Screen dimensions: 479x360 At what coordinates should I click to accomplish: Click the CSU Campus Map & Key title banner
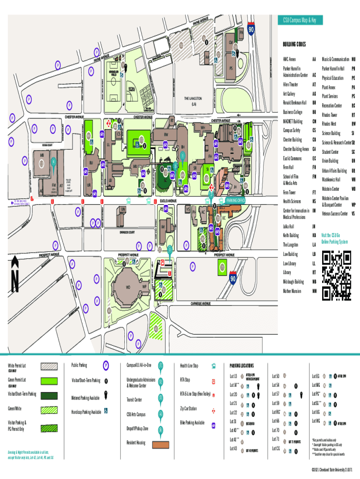299,20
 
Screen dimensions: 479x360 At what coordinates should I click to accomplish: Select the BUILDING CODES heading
294,44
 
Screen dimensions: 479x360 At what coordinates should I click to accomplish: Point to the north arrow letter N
15,280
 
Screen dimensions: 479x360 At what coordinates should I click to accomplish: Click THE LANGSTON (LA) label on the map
193,101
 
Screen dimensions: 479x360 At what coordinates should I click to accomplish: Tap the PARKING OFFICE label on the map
236,200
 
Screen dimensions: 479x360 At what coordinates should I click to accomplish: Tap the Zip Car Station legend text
188,408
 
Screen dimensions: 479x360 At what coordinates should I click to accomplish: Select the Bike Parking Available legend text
192,422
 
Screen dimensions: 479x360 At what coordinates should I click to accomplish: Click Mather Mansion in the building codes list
294,290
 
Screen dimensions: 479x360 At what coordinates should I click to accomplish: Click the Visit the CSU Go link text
335,235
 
